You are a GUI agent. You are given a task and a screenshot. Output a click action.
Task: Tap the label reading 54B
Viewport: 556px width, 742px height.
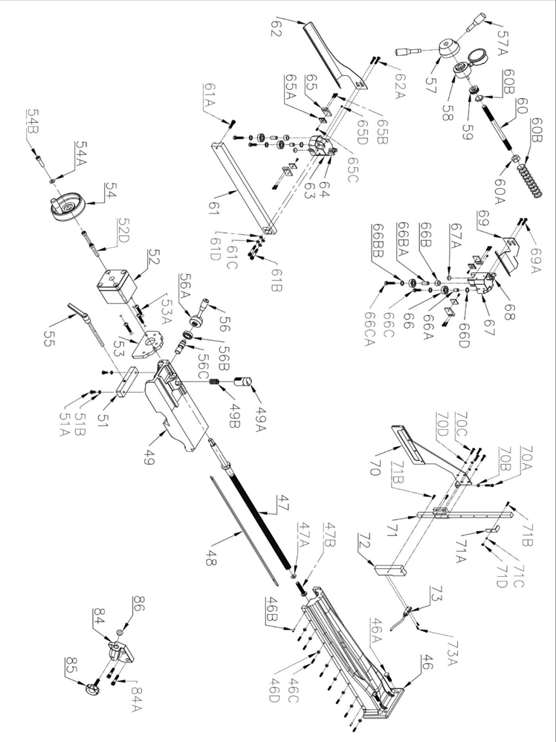[x=33, y=118]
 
